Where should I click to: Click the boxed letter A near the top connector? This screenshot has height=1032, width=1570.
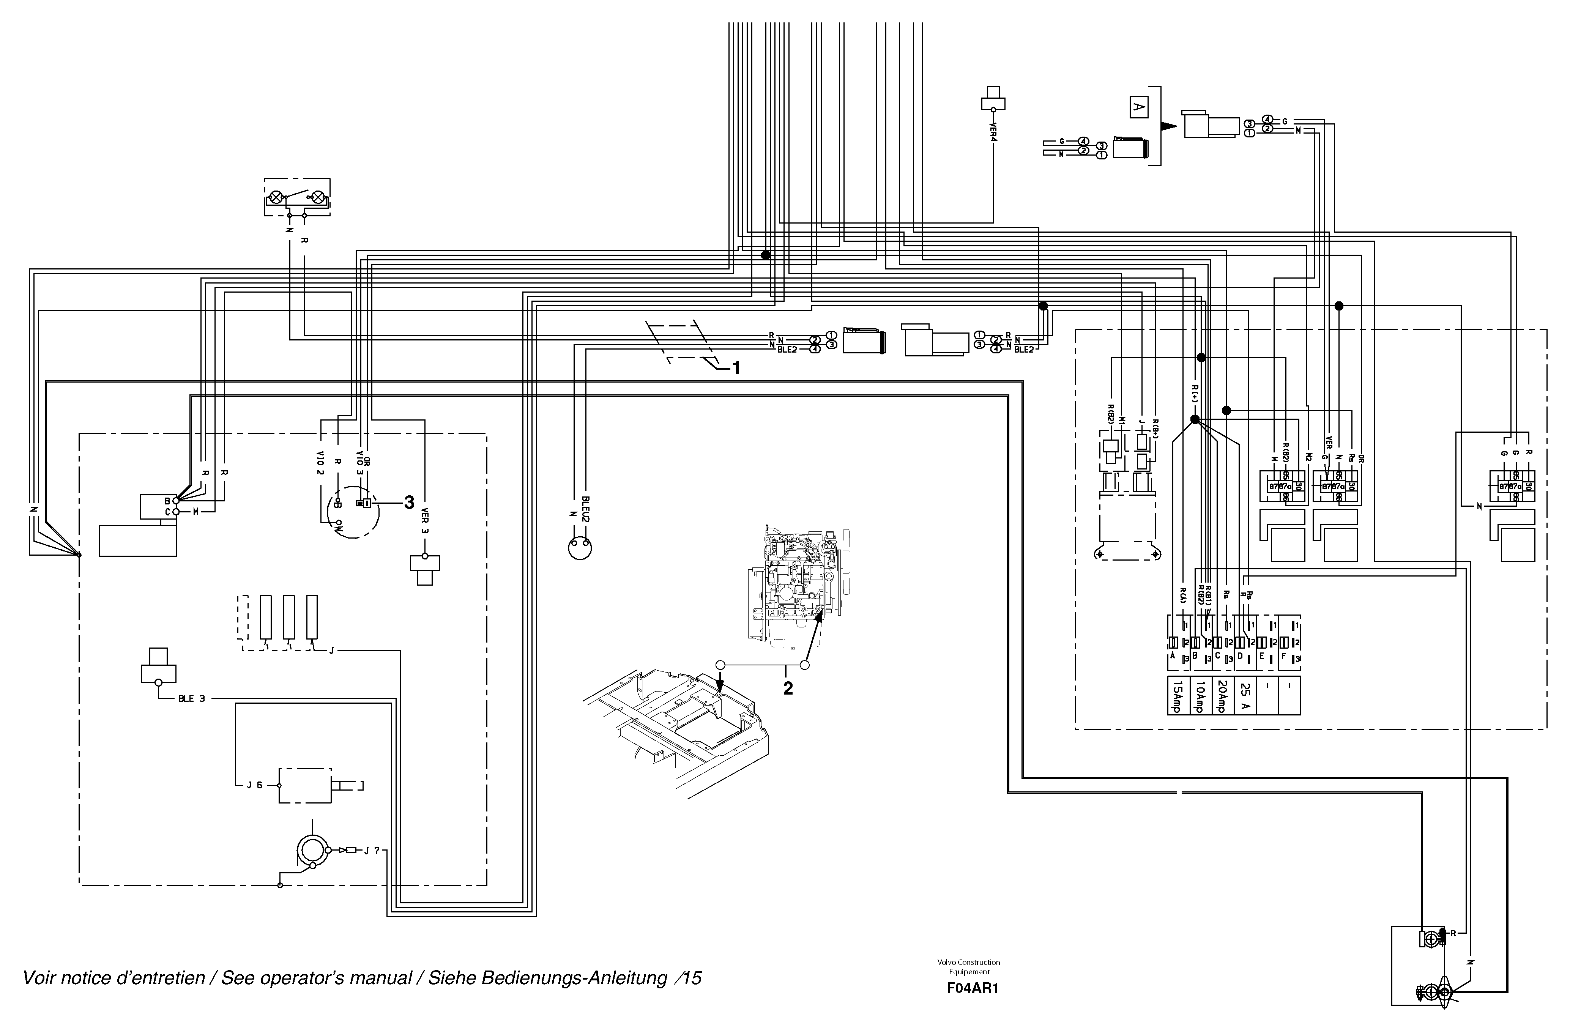(1138, 107)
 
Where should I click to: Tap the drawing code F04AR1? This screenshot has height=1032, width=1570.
(968, 988)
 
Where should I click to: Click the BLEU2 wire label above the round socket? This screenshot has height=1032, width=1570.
(585, 509)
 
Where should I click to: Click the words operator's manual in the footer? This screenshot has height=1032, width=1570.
(317, 978)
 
